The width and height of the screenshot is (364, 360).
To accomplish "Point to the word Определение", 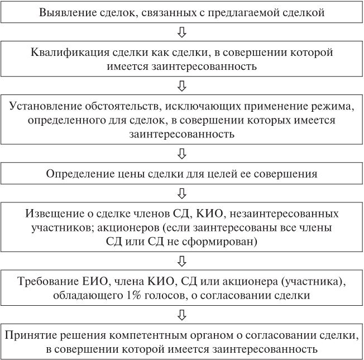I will click(x=75, y=173).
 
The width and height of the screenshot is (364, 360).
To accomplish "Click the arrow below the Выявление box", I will click(x=181, y=33).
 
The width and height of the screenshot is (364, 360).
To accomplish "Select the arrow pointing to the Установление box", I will click(x=181, y=86).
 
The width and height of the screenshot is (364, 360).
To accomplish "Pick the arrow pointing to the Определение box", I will click(x=181, y=153).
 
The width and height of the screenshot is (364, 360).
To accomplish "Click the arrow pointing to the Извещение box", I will click(x=181, y=193).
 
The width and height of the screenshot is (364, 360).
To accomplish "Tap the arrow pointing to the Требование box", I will click(x=181, y=260).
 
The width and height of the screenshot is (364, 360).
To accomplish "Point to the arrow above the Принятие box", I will click(x=181, y=314).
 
